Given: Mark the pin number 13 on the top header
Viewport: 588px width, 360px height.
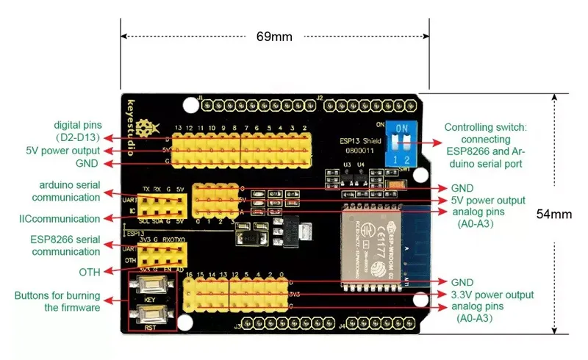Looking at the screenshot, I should (177, 129).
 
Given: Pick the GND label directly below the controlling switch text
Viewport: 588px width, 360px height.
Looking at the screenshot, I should (462, 187).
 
